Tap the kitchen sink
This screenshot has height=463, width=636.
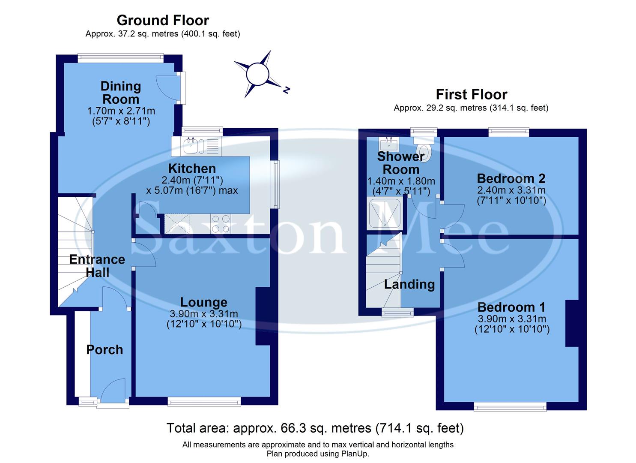coord(191,147)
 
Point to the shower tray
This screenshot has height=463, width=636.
coord(385,213)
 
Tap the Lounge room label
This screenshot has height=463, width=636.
coord(203,302)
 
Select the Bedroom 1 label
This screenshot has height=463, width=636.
coord(511,307)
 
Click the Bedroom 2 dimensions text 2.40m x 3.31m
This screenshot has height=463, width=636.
coord(511,190)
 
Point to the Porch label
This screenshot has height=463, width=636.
coord(105,350)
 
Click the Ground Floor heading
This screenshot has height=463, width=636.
coord(163,20)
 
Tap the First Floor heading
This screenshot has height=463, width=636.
coord(471,94)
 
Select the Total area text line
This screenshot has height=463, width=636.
coord(315,428)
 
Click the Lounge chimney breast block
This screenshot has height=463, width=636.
coord(262,316)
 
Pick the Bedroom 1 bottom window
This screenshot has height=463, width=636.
coord(510,406)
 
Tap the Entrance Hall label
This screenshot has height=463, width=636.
coord(97,266)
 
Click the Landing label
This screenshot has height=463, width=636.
coord(409,284)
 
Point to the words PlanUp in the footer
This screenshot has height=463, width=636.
coord(354,454)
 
